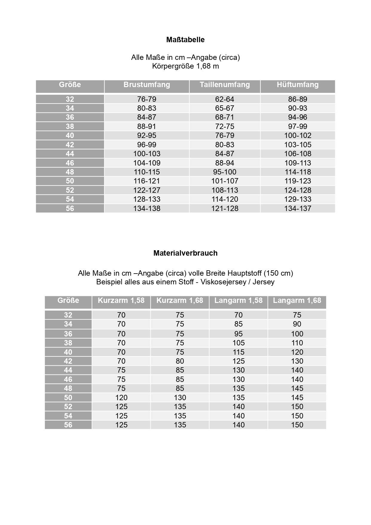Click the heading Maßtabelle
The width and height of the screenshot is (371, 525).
[x=185, y=40]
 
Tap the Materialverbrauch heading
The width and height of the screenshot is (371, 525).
[x=185, y=253]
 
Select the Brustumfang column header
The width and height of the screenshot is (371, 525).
[x=147, y=85]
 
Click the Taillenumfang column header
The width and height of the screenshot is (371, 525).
[x=225, y=85]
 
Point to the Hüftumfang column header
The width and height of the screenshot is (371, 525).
[x=298, y=85]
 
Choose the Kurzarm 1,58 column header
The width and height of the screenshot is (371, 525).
[x=121, y=301]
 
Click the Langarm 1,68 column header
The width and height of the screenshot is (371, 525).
[x=297, y=301]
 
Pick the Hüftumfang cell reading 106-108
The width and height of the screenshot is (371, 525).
[x=298, y=154]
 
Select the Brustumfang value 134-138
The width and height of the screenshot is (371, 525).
[x=147, y=208]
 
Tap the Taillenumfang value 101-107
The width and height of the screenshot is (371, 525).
[x=225, y=181]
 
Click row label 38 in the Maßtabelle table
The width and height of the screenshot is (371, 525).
[x=70, y=126]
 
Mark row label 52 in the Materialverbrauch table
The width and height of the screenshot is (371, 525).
[x=68, y=407]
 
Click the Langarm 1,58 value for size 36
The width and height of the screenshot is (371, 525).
[x=239, y=334]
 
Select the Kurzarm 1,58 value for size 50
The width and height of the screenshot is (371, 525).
[x=121, y=397]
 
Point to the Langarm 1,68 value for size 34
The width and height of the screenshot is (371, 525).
[x=297, y=324]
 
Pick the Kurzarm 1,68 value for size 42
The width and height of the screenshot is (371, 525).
[x=180, y=361]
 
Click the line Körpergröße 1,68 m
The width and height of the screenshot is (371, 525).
[x=185, y=66]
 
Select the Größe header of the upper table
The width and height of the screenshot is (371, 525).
[x=70, y=85]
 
